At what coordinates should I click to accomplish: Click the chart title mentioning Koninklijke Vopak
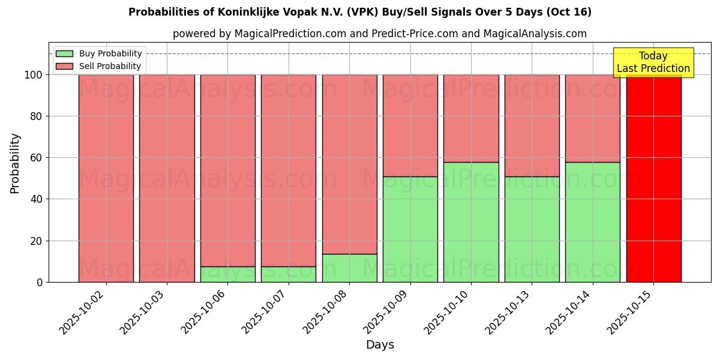click(359, 12)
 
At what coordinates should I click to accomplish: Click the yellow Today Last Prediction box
click(653, 62)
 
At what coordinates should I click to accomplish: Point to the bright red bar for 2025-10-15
click(653, 180)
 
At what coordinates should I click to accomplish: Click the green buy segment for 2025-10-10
click(471, 222)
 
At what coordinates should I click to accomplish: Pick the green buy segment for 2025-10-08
click(349, 268)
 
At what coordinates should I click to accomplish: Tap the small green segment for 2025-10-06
click(227, 274)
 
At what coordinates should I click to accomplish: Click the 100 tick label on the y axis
click(33, 75)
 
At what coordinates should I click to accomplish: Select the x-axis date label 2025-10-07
click(267, 312)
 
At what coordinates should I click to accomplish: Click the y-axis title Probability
click(15, 163)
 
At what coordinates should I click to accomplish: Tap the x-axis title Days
click(380, 345)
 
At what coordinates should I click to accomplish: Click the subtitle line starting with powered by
click(379, 34)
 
